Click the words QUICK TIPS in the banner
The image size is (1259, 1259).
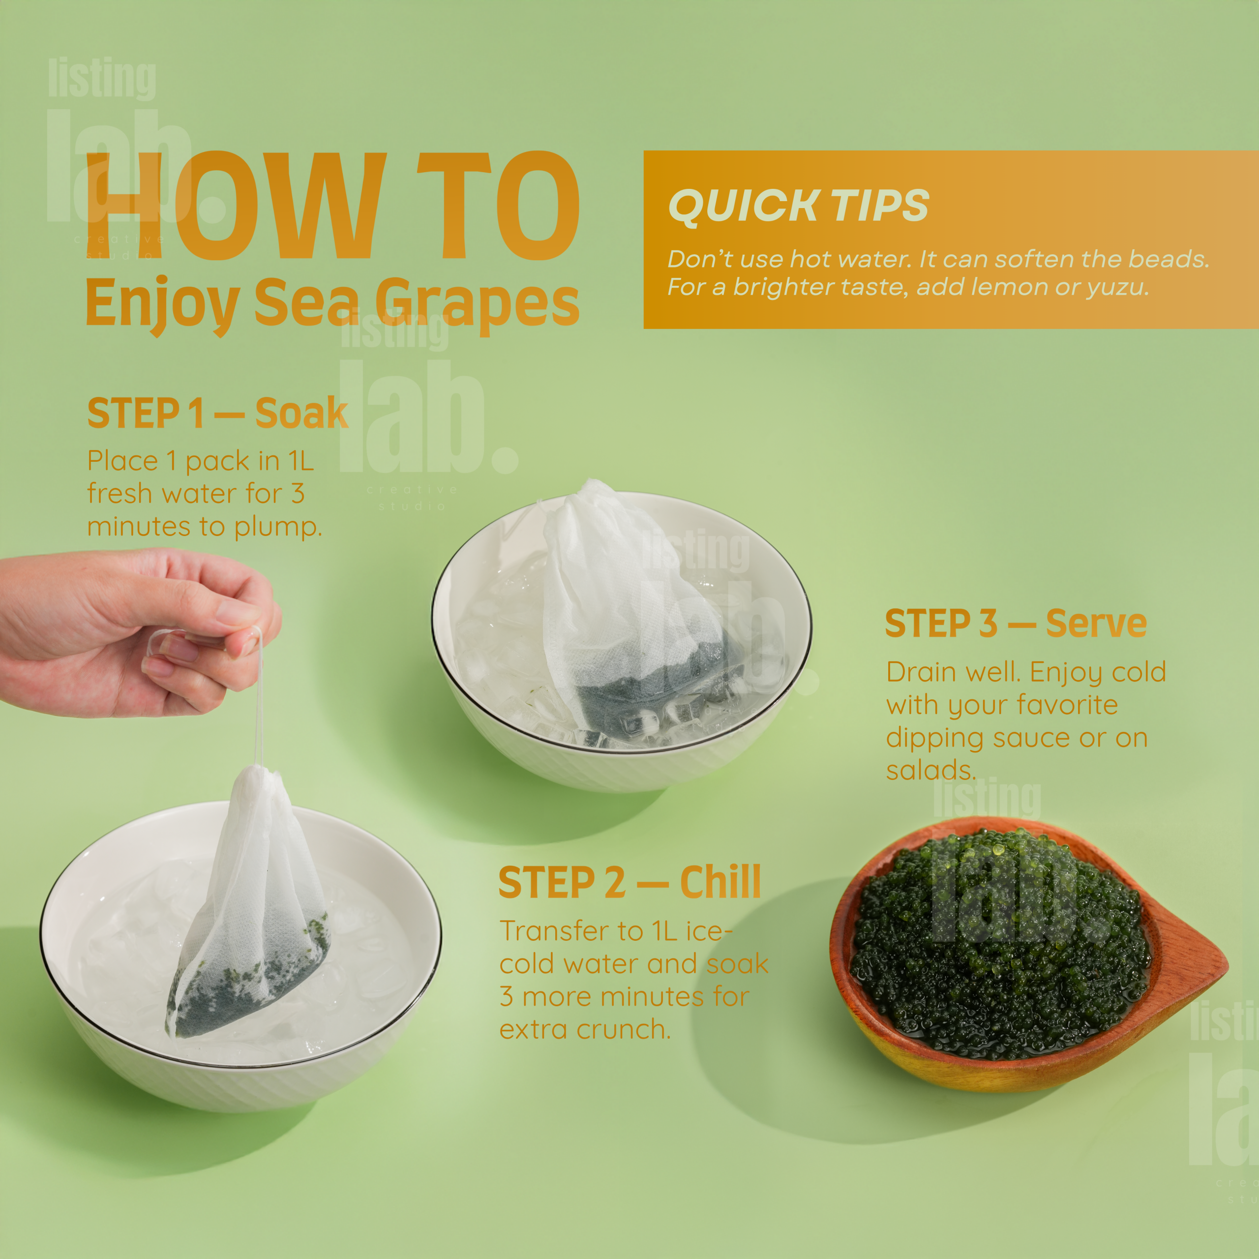(798, 206)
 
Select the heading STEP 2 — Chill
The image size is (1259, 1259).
(629, 882)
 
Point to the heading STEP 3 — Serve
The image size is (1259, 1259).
(1015, 623)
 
